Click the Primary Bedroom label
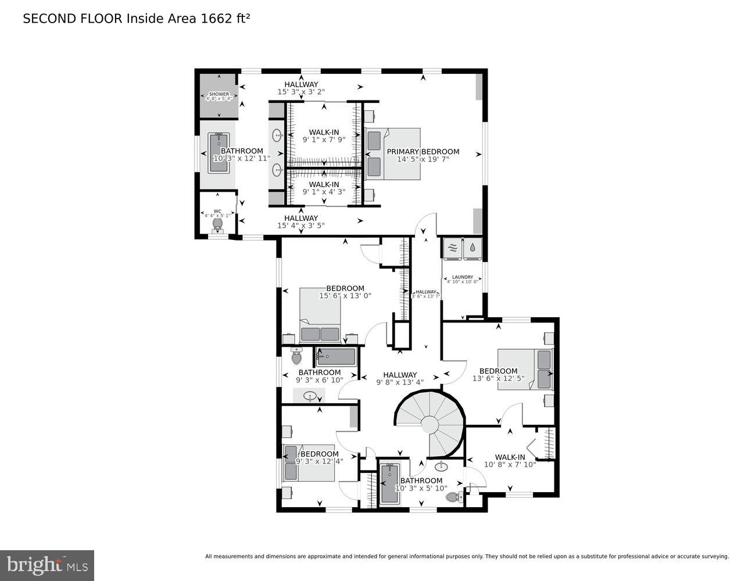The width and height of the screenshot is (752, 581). pos(423,152)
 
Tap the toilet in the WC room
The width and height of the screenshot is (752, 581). pos(218,223)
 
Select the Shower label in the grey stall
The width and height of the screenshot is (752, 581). pos(219,94)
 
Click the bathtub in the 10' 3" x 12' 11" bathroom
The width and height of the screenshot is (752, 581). pos(219,153)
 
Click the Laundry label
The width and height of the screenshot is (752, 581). pos(463,277)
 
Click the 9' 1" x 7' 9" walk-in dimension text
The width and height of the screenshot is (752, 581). pos(324,140)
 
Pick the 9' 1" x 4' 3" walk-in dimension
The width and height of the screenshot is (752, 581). pos(324,192)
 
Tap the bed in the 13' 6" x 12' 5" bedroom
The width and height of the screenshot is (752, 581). pos(525,370)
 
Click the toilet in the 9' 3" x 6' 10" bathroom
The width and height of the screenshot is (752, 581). pos(296,356)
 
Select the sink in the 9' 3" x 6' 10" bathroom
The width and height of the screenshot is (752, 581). pos(310,396)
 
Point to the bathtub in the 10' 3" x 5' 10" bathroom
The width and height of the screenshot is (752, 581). pos(388,484)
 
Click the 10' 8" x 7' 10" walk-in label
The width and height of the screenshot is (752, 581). pos(510,461)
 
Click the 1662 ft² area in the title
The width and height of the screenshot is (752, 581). pos(225,19)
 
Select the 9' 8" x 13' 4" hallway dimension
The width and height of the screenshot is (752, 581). pos(400,382)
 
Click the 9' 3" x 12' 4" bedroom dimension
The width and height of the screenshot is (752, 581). pos(319,461)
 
